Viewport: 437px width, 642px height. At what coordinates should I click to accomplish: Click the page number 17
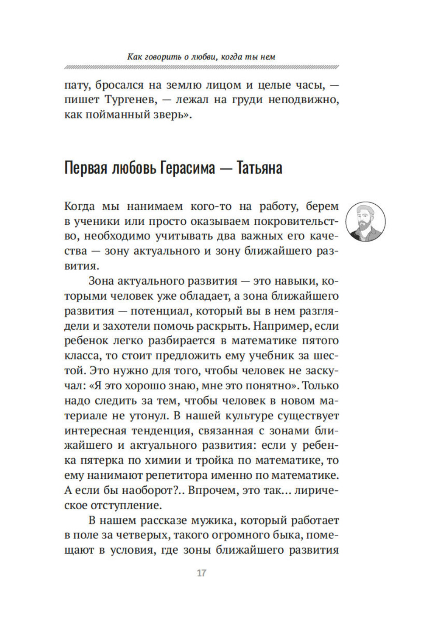(x=201, y=573)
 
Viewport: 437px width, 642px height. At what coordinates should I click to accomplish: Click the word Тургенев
(x=129, y=100)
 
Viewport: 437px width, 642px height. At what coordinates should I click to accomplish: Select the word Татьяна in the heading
(x=259, y=168)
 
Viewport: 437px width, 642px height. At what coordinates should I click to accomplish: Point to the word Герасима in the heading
(x=187, y=168)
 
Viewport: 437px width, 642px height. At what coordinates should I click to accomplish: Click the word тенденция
(x=160, y=430)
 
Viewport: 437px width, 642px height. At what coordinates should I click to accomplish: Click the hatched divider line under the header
(x=201, y=67)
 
